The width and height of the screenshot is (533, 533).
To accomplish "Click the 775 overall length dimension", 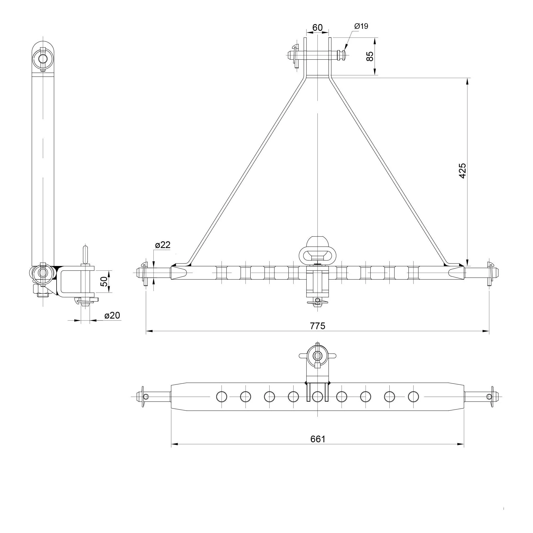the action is click(x=317, y=326).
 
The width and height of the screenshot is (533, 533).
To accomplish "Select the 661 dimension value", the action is click(x=318, y=439).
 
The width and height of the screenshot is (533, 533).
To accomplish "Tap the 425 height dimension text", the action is click(x=462, y=171).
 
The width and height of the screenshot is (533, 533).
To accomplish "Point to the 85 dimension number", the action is click(x=370, y=56).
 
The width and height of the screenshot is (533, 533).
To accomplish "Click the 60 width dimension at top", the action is click(x=317, y=28).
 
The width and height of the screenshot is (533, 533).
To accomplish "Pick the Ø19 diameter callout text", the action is click(x=361, y=26).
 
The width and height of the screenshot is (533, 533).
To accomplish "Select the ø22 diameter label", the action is click(x=163, y=245).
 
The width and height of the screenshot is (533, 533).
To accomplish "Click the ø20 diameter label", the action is click(x=112, y=315).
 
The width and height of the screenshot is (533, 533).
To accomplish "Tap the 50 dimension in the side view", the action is click(x=104, y=281).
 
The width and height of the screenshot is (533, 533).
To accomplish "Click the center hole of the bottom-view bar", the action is click(x=317, y=396).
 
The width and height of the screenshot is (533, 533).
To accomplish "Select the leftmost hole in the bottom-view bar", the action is click(x=222, y=396).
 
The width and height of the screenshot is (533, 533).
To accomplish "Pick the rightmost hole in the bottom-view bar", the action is click(x=413, y=396).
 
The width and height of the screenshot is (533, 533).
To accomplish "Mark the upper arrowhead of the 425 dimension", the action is click(x=467, y=81).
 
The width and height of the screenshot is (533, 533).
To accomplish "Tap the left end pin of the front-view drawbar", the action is click(x=153, y=273).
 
